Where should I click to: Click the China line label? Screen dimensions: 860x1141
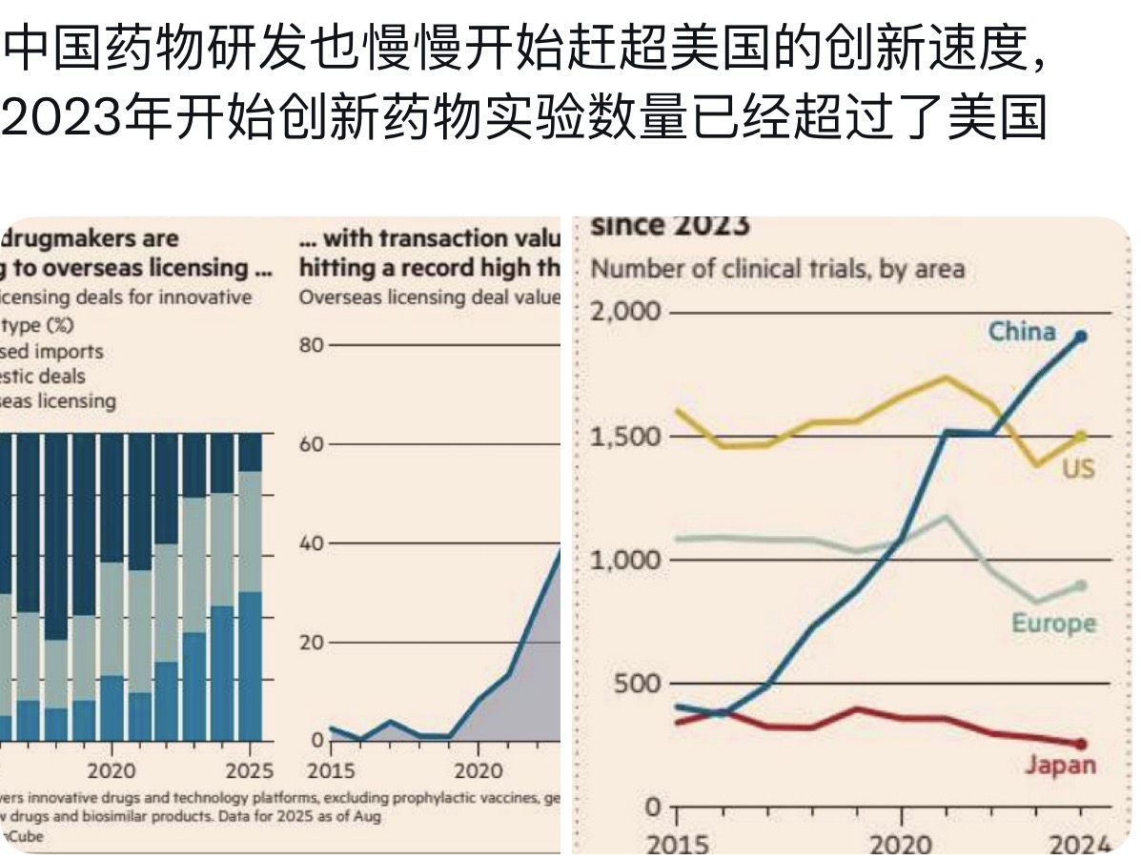click(1022, 331)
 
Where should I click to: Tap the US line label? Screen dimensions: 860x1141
click(1079, 469)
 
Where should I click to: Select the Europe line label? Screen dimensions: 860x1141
click(1054, 624)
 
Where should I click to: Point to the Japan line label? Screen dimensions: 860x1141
click(1061, 765)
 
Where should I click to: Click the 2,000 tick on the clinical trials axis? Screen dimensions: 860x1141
click(624, 313)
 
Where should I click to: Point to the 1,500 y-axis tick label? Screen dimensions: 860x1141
click(624, 437)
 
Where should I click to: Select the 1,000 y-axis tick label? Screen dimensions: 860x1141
click(624, 560)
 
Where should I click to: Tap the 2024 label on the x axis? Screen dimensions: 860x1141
click(1081, 845)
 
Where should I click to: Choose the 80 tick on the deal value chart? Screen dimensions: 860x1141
click(312, 344)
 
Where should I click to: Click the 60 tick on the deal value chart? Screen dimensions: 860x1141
click(312, 444)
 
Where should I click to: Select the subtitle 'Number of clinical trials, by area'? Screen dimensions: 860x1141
click(778, 269)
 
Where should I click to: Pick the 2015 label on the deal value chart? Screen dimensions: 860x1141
click(329, 770)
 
